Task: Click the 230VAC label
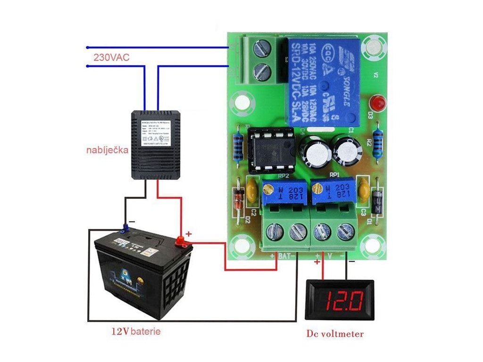pyautogui.click(x=111, y=58)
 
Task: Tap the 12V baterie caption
pyautogui.click(x=136, y=331)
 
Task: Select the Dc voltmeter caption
pyautogui.click(x=335, y=334)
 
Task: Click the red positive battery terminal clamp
pyautogui.click(x=181, y=241)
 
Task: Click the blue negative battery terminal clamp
pyautogui.click(x=125, y=229)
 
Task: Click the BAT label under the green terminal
pyautogui.click(x=283, y=256)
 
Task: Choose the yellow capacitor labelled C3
pyautogui.click(x=363, y=190)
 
